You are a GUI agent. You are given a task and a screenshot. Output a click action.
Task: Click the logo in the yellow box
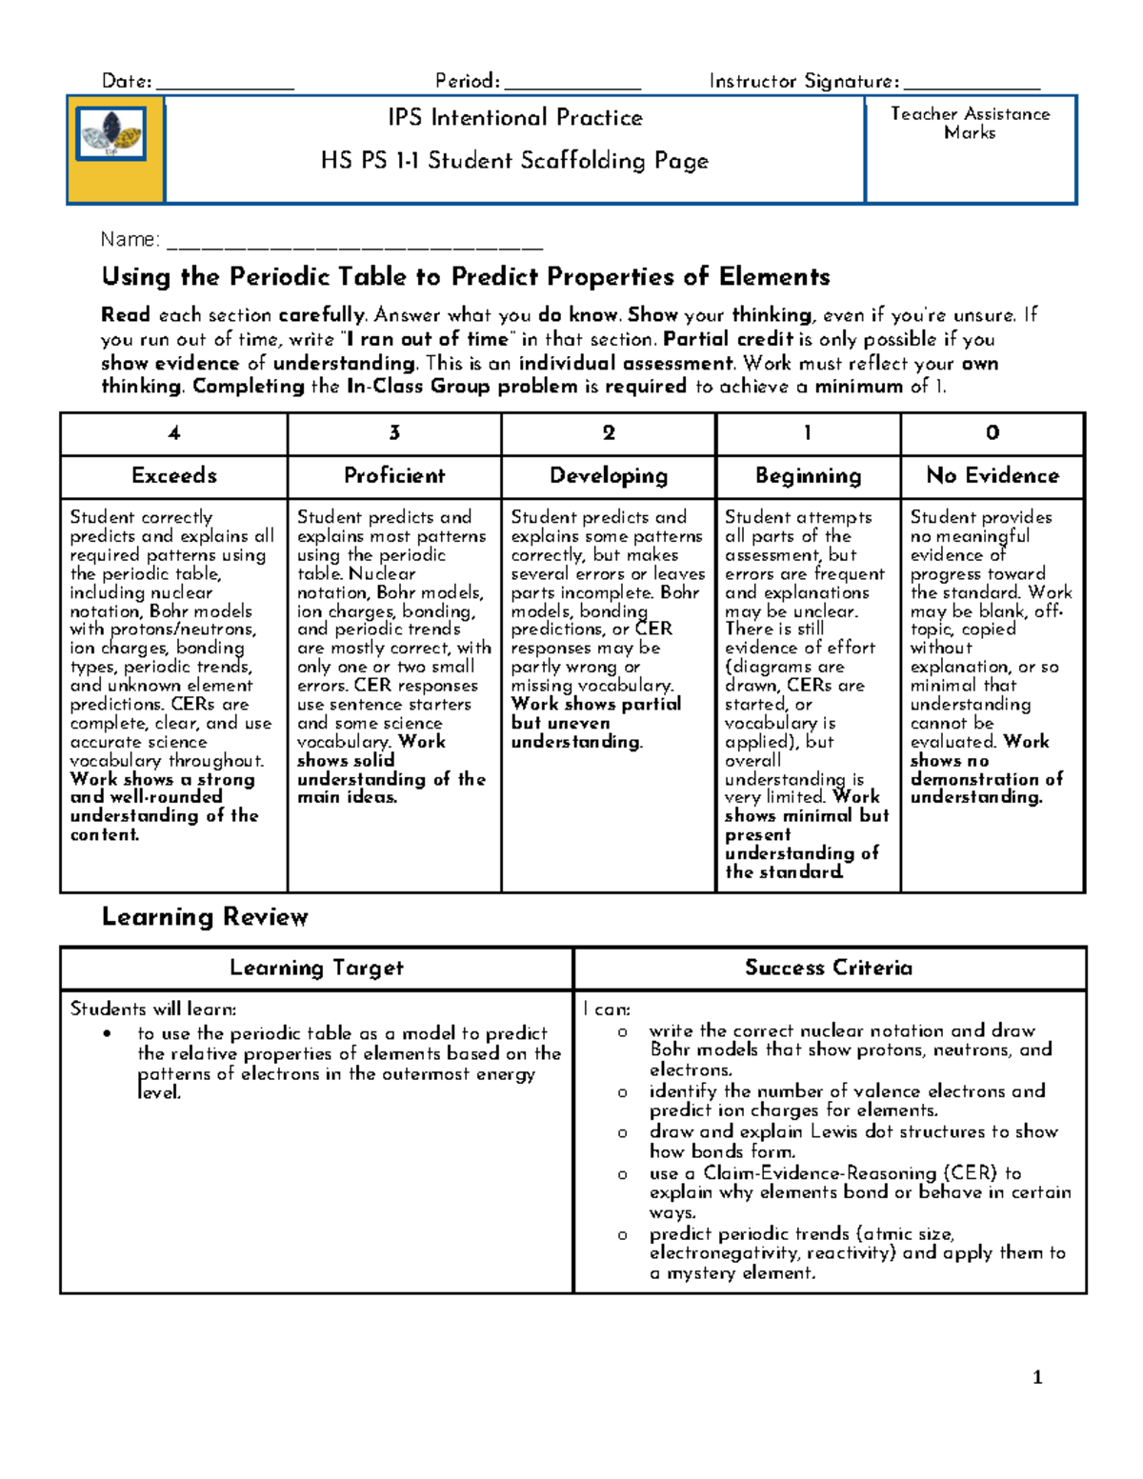click(x=112, y=134)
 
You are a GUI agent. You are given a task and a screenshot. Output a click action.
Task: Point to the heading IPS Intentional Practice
click(x=514, y=118)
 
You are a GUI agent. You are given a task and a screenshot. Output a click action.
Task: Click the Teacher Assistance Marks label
click(x=970, y=123)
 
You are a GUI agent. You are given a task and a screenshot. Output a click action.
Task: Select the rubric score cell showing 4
click(x=174, y=433)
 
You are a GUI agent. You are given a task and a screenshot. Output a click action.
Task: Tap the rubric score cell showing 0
click(x=993, y=433)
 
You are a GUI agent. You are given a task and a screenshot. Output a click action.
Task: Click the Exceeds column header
click(x=174, y=476)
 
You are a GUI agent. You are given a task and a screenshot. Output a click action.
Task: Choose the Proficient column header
click(x=394, y=476)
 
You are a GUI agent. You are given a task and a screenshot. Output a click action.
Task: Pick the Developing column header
click(x=609, y=476)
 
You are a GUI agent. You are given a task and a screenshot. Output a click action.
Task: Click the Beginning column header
click(x=808, y=476)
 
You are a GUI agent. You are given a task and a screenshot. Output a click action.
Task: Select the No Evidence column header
click(x=993, y=476)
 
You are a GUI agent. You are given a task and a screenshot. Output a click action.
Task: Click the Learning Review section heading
click(x=205, y=917)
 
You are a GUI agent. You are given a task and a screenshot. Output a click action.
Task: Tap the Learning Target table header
click(x=316, y=969)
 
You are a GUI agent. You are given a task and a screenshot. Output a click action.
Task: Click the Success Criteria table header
click(x=829, y=969)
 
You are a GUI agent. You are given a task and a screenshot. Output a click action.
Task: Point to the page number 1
click(x=1037, y=1377)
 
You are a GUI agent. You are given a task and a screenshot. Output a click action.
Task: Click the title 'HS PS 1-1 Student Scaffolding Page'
click(x=514, y=161)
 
